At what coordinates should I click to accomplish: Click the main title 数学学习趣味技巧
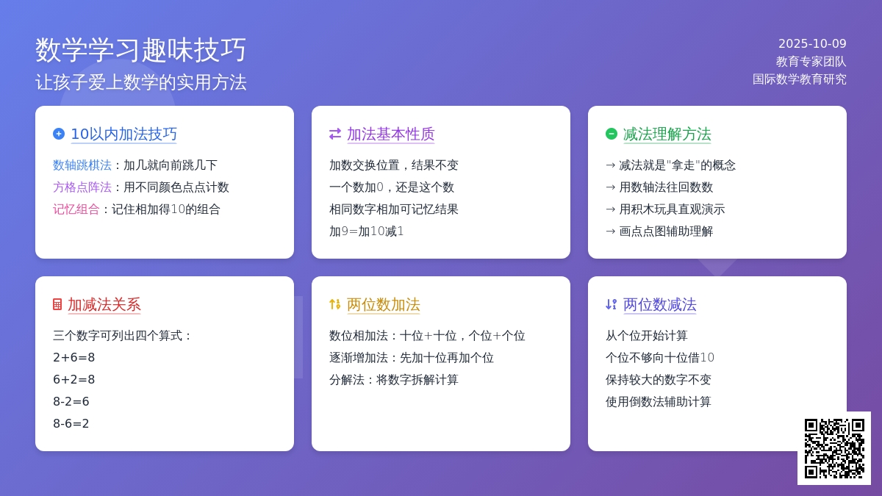(140, 50)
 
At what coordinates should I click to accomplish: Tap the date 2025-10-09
(812, 43)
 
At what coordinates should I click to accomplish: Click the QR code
(834, 448)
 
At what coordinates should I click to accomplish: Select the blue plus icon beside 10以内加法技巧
(59, 134)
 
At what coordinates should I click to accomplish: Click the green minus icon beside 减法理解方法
(612, 134)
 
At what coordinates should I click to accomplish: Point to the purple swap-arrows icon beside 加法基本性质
(335, 134)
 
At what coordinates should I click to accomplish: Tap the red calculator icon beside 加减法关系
(57, 304)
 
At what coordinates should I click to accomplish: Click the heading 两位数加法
(384, 305)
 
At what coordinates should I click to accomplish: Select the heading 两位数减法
(660, 305)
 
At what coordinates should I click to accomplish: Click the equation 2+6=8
(74, 357)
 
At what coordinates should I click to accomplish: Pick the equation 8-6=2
(71, 423)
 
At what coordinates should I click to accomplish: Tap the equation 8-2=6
(71, 401)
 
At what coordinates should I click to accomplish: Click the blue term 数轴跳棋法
(82, 165)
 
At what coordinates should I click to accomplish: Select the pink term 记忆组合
(76, 209)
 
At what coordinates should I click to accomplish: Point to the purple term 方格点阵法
(82, 187)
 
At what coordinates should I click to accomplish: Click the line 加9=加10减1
(367, 231)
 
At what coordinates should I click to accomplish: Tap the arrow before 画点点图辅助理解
(610, 231)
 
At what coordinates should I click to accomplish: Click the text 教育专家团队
(811, 62)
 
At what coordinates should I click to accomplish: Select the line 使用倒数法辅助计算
(659, 401)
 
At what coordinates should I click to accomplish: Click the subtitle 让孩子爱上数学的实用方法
(141, 82)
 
